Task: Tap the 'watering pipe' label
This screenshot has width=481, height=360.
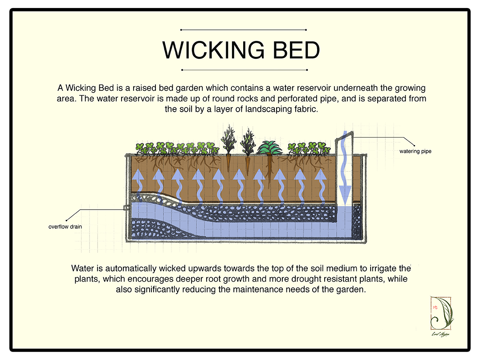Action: coord(415,151)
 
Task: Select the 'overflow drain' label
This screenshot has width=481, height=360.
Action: coord(65,227)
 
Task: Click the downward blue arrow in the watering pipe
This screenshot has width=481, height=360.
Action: coord(345,169)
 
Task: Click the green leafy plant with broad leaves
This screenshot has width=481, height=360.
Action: coord(269,148)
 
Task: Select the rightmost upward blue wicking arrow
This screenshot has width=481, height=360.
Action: coord(321,186)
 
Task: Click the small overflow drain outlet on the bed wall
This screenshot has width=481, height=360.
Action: coord(126,208)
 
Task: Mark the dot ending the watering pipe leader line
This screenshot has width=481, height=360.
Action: coord(414,146)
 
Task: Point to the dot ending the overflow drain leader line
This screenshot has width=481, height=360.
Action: coord(66,220)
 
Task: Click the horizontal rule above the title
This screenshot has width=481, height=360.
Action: coord(244,30)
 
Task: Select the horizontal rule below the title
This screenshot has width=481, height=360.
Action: coord(244,70)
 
